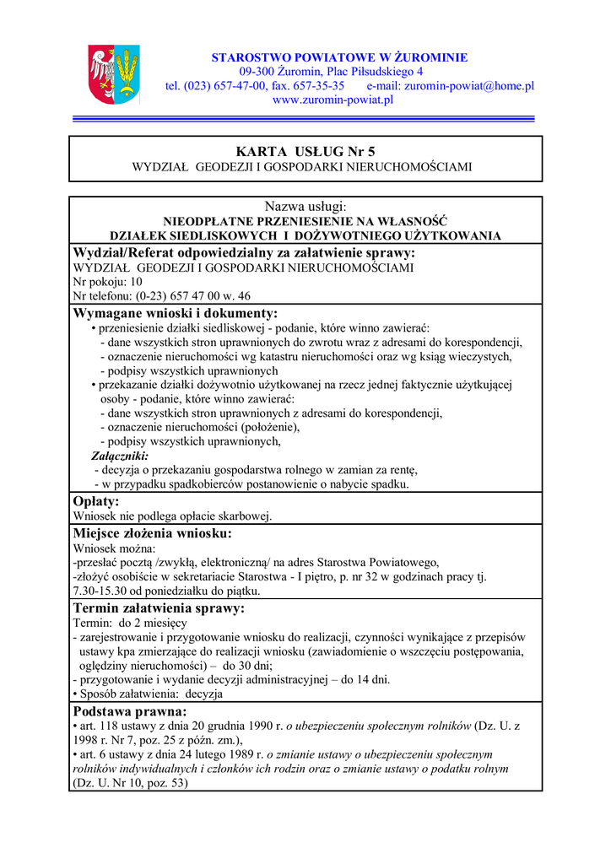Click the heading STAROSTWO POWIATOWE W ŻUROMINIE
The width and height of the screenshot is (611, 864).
(339, 57)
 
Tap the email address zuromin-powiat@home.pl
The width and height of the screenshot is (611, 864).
(469, 85)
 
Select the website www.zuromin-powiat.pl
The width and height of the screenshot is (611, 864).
(333, 100)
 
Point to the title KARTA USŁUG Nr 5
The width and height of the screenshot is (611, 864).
(305, 151)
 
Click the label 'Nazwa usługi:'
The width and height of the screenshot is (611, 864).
(305, 207)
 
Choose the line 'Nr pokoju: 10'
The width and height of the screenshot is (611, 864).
(108, 282)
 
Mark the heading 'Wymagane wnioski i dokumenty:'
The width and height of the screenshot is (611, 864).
(187, 313)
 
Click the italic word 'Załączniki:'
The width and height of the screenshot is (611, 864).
(120, 456)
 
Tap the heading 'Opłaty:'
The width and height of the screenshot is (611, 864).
(96, 501)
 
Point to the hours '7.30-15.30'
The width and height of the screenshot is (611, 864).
(103, 591)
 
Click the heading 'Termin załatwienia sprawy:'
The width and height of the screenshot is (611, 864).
(170, 608)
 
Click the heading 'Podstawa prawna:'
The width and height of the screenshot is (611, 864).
(130, 711)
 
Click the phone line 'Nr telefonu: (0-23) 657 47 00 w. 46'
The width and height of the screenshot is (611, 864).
(162, 296)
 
